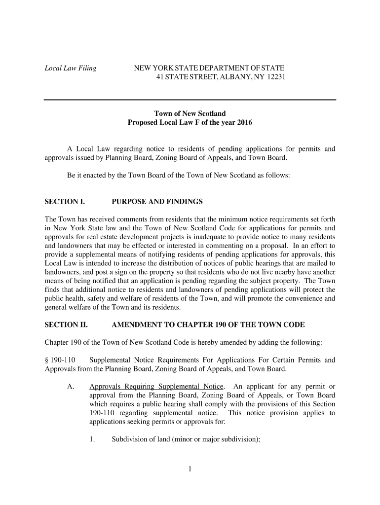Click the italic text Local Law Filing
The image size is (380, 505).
click(71, 68)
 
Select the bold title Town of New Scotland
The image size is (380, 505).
click(190, 114)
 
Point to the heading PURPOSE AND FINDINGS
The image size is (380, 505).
click(157, 202)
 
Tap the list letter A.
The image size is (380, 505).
click(71, 386)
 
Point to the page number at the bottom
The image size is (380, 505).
click(190, 469)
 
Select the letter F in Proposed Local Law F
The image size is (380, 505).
click(196, 123)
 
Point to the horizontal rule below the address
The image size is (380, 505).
click(190, 100)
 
